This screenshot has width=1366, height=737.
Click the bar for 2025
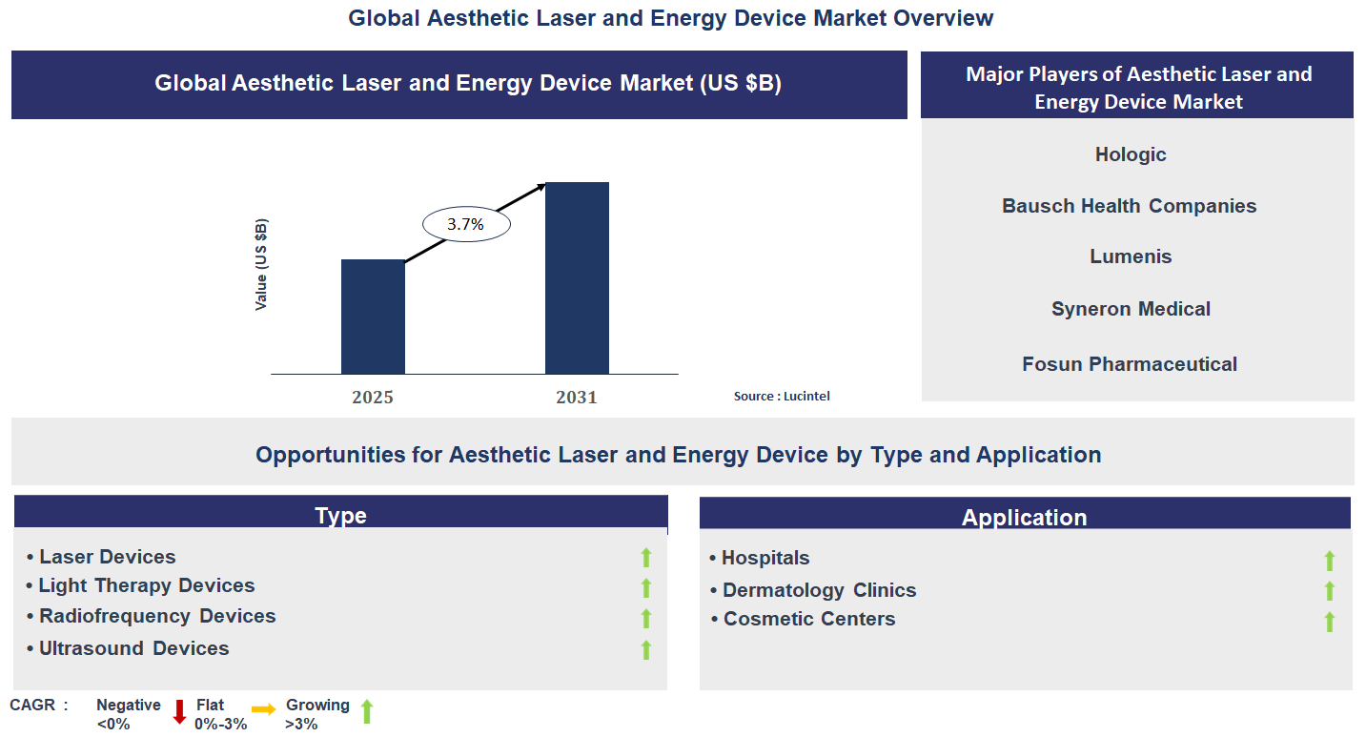(x=373, y=317)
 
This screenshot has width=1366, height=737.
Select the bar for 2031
(x=577, y=277)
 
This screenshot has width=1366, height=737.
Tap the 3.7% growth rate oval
(x=466, y=225)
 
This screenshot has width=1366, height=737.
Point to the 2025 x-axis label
(x=373, y=398)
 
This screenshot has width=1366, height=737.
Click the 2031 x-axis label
(x=577, y=398)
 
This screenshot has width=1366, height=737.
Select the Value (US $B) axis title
(x=261, y=265)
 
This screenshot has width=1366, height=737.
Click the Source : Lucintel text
(x=782, y=396)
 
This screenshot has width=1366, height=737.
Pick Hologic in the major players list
(x=1131, y=154)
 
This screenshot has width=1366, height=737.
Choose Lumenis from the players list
(x=1131, y=256)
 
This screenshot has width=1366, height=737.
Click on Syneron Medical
(x=1131, y=309)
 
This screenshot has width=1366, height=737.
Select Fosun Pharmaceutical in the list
(x=1130, y=364)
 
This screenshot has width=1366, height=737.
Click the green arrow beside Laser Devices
(x=645, y=558)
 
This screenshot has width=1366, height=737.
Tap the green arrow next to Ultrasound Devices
(x=645, y=649)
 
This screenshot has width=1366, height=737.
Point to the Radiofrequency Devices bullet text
(x=157, y=616)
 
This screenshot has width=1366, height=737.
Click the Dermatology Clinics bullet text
(x=819, y=590)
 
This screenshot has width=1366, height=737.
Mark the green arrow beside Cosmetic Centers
(x=1329, y=622)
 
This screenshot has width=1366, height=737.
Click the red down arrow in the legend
(x=179, y=711)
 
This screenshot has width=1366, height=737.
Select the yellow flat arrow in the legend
(x=264, y=708)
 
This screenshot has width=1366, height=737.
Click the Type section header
(x=340, y=516)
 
